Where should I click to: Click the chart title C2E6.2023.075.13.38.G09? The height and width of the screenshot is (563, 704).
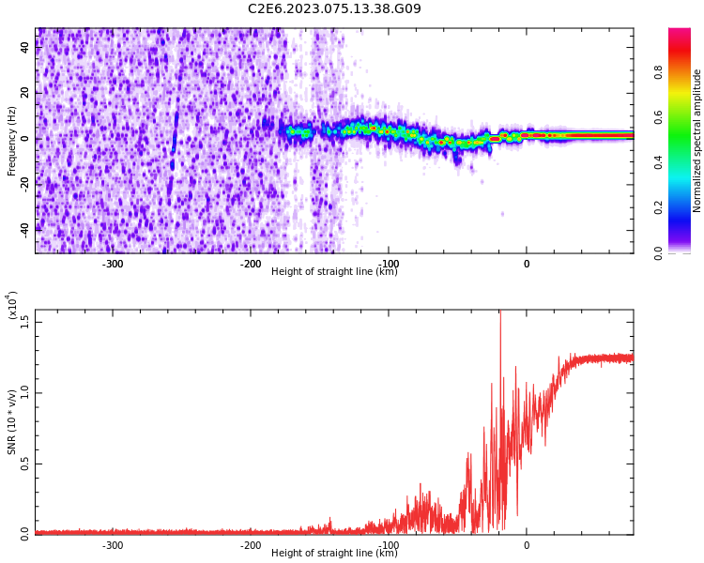click(334, 9)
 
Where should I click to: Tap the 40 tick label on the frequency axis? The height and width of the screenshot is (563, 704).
click(25, 48)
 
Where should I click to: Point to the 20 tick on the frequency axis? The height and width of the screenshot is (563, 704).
click(25, 93)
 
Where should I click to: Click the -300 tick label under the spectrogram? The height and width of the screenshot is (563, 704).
click(113, 263)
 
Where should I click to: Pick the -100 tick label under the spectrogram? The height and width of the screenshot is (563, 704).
click(388, 263)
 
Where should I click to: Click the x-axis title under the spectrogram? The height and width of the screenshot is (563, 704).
click(334, 272)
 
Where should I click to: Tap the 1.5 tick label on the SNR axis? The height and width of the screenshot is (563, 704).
click(25, 322)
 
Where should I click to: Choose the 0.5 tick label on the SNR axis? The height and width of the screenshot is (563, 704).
click(25, 463)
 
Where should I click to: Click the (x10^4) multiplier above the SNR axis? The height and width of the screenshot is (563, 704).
click(12, 305)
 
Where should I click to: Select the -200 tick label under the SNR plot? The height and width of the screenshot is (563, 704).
click(251, 544)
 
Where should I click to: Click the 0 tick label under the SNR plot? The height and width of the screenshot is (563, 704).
click(526, 544)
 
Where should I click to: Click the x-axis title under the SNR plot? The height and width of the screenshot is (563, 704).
click(334, 554)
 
